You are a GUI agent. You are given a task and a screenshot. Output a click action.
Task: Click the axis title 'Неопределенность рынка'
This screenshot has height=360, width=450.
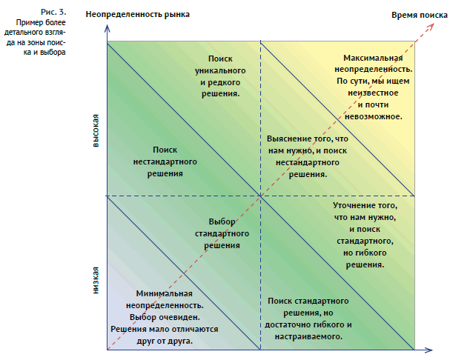(137, 15)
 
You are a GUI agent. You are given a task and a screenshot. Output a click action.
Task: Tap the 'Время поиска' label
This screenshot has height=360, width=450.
(420, 15)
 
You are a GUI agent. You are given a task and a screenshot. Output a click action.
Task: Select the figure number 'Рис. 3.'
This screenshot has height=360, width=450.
(53, 12)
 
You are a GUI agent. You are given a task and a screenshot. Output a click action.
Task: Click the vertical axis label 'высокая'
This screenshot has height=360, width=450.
(96, 130)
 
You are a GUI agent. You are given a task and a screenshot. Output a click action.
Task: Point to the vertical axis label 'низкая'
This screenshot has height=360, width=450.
(96, 280)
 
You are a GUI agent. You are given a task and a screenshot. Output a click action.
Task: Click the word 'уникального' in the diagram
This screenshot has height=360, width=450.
(220, 70)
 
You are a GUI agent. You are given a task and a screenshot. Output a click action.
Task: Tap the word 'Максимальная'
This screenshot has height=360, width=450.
(373, 58)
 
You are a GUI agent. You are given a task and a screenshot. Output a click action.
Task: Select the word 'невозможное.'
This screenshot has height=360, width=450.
(374, 116)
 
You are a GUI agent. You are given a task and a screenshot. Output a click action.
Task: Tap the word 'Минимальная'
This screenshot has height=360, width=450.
(164, 293)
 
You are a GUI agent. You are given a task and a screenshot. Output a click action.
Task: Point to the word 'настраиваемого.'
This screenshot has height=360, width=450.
(308, 336)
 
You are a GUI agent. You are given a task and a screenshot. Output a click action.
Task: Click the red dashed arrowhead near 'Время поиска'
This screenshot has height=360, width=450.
(431, 26)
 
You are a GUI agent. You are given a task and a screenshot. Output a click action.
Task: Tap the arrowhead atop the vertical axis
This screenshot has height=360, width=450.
(107, 28)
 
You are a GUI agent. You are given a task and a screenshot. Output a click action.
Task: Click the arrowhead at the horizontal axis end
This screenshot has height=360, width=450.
(429, 350)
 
